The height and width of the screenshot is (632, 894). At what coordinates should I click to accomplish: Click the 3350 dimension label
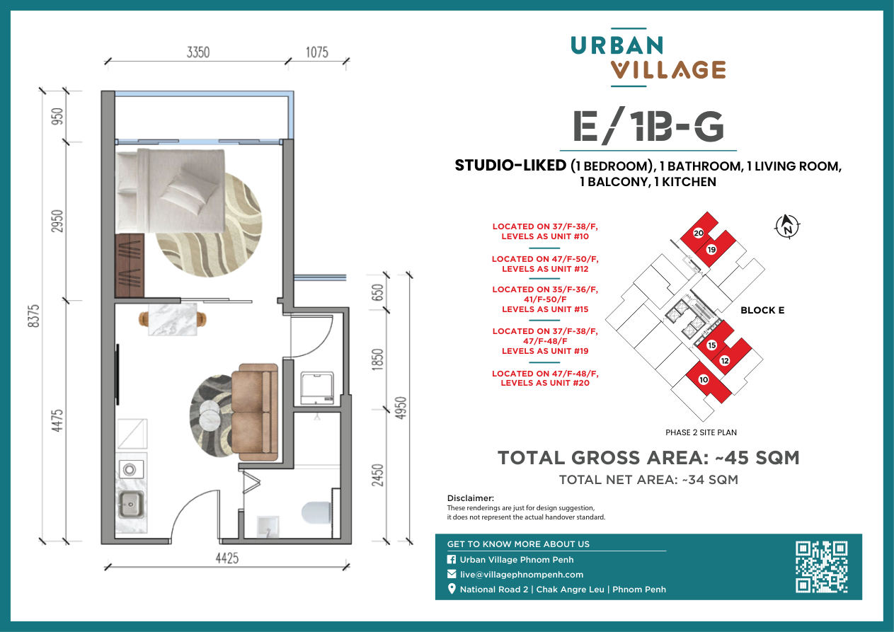(198, 52)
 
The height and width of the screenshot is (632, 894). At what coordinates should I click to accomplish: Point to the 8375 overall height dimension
(34, 316)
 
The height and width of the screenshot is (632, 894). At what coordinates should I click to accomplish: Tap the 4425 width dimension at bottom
(227, 558)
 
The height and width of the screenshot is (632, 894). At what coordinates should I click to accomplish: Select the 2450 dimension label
(377, 475)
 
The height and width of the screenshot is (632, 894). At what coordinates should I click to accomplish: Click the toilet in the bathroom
(316, 512)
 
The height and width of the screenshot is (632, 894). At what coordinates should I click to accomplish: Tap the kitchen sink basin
(130, 505)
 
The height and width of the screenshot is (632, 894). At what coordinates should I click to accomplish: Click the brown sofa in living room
(255, 412)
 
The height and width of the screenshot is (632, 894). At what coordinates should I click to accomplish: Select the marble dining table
(173, 320)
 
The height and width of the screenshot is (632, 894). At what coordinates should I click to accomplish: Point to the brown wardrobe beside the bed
(130, 265)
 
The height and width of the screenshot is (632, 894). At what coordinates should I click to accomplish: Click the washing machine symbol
(317, 389)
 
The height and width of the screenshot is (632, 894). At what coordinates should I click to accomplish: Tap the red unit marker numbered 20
(699, 233)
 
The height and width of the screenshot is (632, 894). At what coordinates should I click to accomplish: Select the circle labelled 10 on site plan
(704, 379)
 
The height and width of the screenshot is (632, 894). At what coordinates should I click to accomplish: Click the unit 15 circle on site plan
(711, 345)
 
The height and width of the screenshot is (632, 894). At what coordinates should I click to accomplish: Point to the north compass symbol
(787, 226)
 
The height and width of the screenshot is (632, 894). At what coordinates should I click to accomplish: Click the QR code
(822, 567)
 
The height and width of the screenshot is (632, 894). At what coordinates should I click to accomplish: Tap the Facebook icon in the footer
(452, 559)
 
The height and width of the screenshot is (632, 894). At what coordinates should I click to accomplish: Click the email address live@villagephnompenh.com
(522, 575)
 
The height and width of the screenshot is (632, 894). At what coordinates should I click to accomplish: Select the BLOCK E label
(762, 310)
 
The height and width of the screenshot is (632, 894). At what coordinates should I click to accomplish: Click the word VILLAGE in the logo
(668, 70)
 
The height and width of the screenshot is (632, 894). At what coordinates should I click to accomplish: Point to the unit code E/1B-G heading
(648, 127)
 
